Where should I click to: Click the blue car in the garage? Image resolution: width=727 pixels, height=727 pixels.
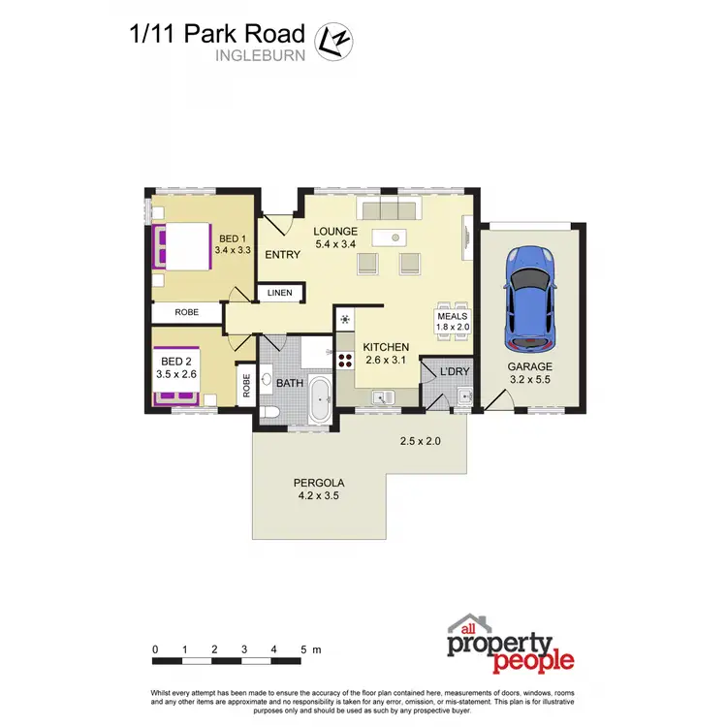click(x=529, y=299)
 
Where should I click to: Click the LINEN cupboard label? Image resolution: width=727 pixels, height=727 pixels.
click(x=280, y=293)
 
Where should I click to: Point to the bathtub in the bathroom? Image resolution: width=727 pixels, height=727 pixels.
click(x=319, y=399)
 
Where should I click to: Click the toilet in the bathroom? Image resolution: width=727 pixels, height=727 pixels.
click(x=272, y=413)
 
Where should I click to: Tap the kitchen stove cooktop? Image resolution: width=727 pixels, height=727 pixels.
click(x=345, y=361)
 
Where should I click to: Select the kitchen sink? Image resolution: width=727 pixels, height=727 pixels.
click(x=384, y=395)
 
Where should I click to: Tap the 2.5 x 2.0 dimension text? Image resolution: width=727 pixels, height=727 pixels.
click(x=421, y=442)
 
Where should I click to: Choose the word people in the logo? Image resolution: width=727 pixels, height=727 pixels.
click(x=533, y=662)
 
